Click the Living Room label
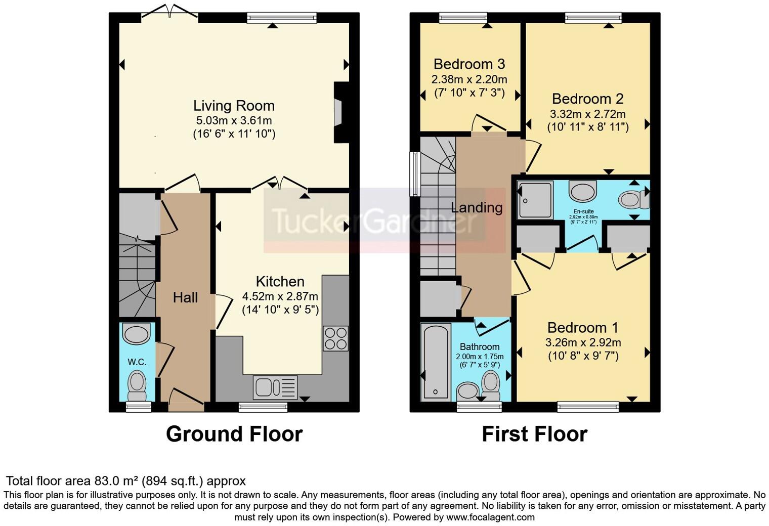point(234,106)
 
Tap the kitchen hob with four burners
point(335,338)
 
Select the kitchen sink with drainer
point(275,387)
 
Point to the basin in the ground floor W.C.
point(137,334)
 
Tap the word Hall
point(185,297)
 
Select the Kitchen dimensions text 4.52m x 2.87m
point(280,296)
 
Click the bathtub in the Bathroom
point(435,361)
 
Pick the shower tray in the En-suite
point(535,200)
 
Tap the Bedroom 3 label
point(469,64)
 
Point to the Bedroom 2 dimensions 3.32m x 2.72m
point(588,114)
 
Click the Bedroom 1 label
point(583,328)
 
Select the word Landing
point(477,207)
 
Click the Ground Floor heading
point(234,434)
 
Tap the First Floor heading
point(534,434)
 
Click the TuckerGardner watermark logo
point(374,221)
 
